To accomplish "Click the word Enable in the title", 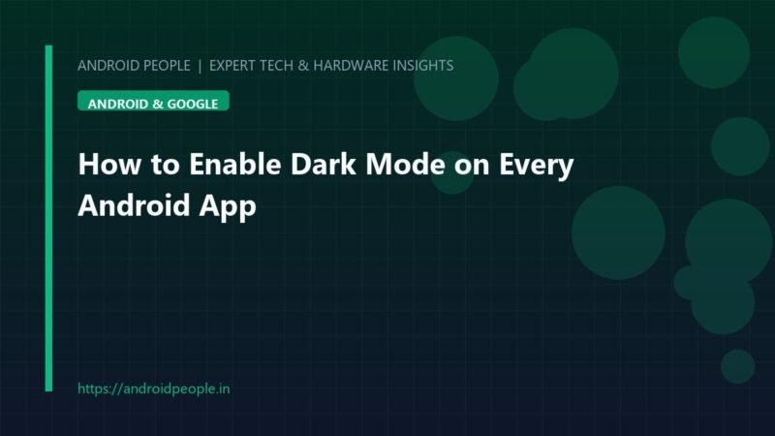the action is click(x=234, y=164).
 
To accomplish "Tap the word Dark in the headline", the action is click(x=323, y=164).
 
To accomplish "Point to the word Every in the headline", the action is click(x=537, y=165).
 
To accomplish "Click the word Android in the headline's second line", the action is click(x=134, y=205).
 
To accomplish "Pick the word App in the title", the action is click(x=228, y=206).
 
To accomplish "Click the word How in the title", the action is click(x=109, y=164).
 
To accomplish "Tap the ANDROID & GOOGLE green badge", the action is click(x=153, y=101).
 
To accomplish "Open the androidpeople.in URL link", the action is click(x=154, y=389).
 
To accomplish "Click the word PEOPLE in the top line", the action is click(x=167, y=65).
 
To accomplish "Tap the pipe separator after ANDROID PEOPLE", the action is click(x=200, y=66).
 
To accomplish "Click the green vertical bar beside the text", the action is click(x=48, y=218).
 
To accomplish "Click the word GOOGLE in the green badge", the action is click(x=193, y=104).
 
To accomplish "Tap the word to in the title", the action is click(x=165, y=165).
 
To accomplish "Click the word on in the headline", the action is click(x=472, y=167).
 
